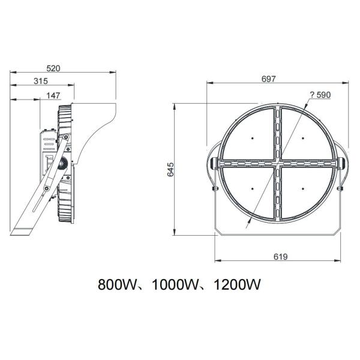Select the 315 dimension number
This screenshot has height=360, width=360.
pos(41,81)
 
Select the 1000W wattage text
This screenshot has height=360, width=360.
pos(173,284)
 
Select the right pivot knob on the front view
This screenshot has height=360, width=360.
pos(343,163)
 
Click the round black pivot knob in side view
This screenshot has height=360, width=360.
pos(62,162)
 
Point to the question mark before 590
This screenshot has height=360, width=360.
pos(311,94)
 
